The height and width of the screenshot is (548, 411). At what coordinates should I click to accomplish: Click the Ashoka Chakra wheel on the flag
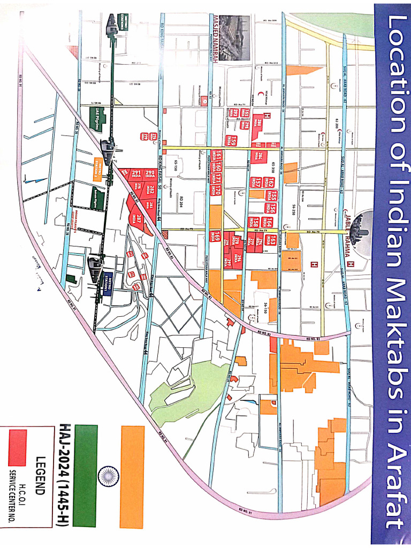tap(108, 474)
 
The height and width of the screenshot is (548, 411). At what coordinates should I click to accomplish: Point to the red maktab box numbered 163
tap(273, 239)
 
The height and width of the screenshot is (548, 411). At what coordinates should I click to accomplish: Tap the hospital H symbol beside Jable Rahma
tap(349, 263)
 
